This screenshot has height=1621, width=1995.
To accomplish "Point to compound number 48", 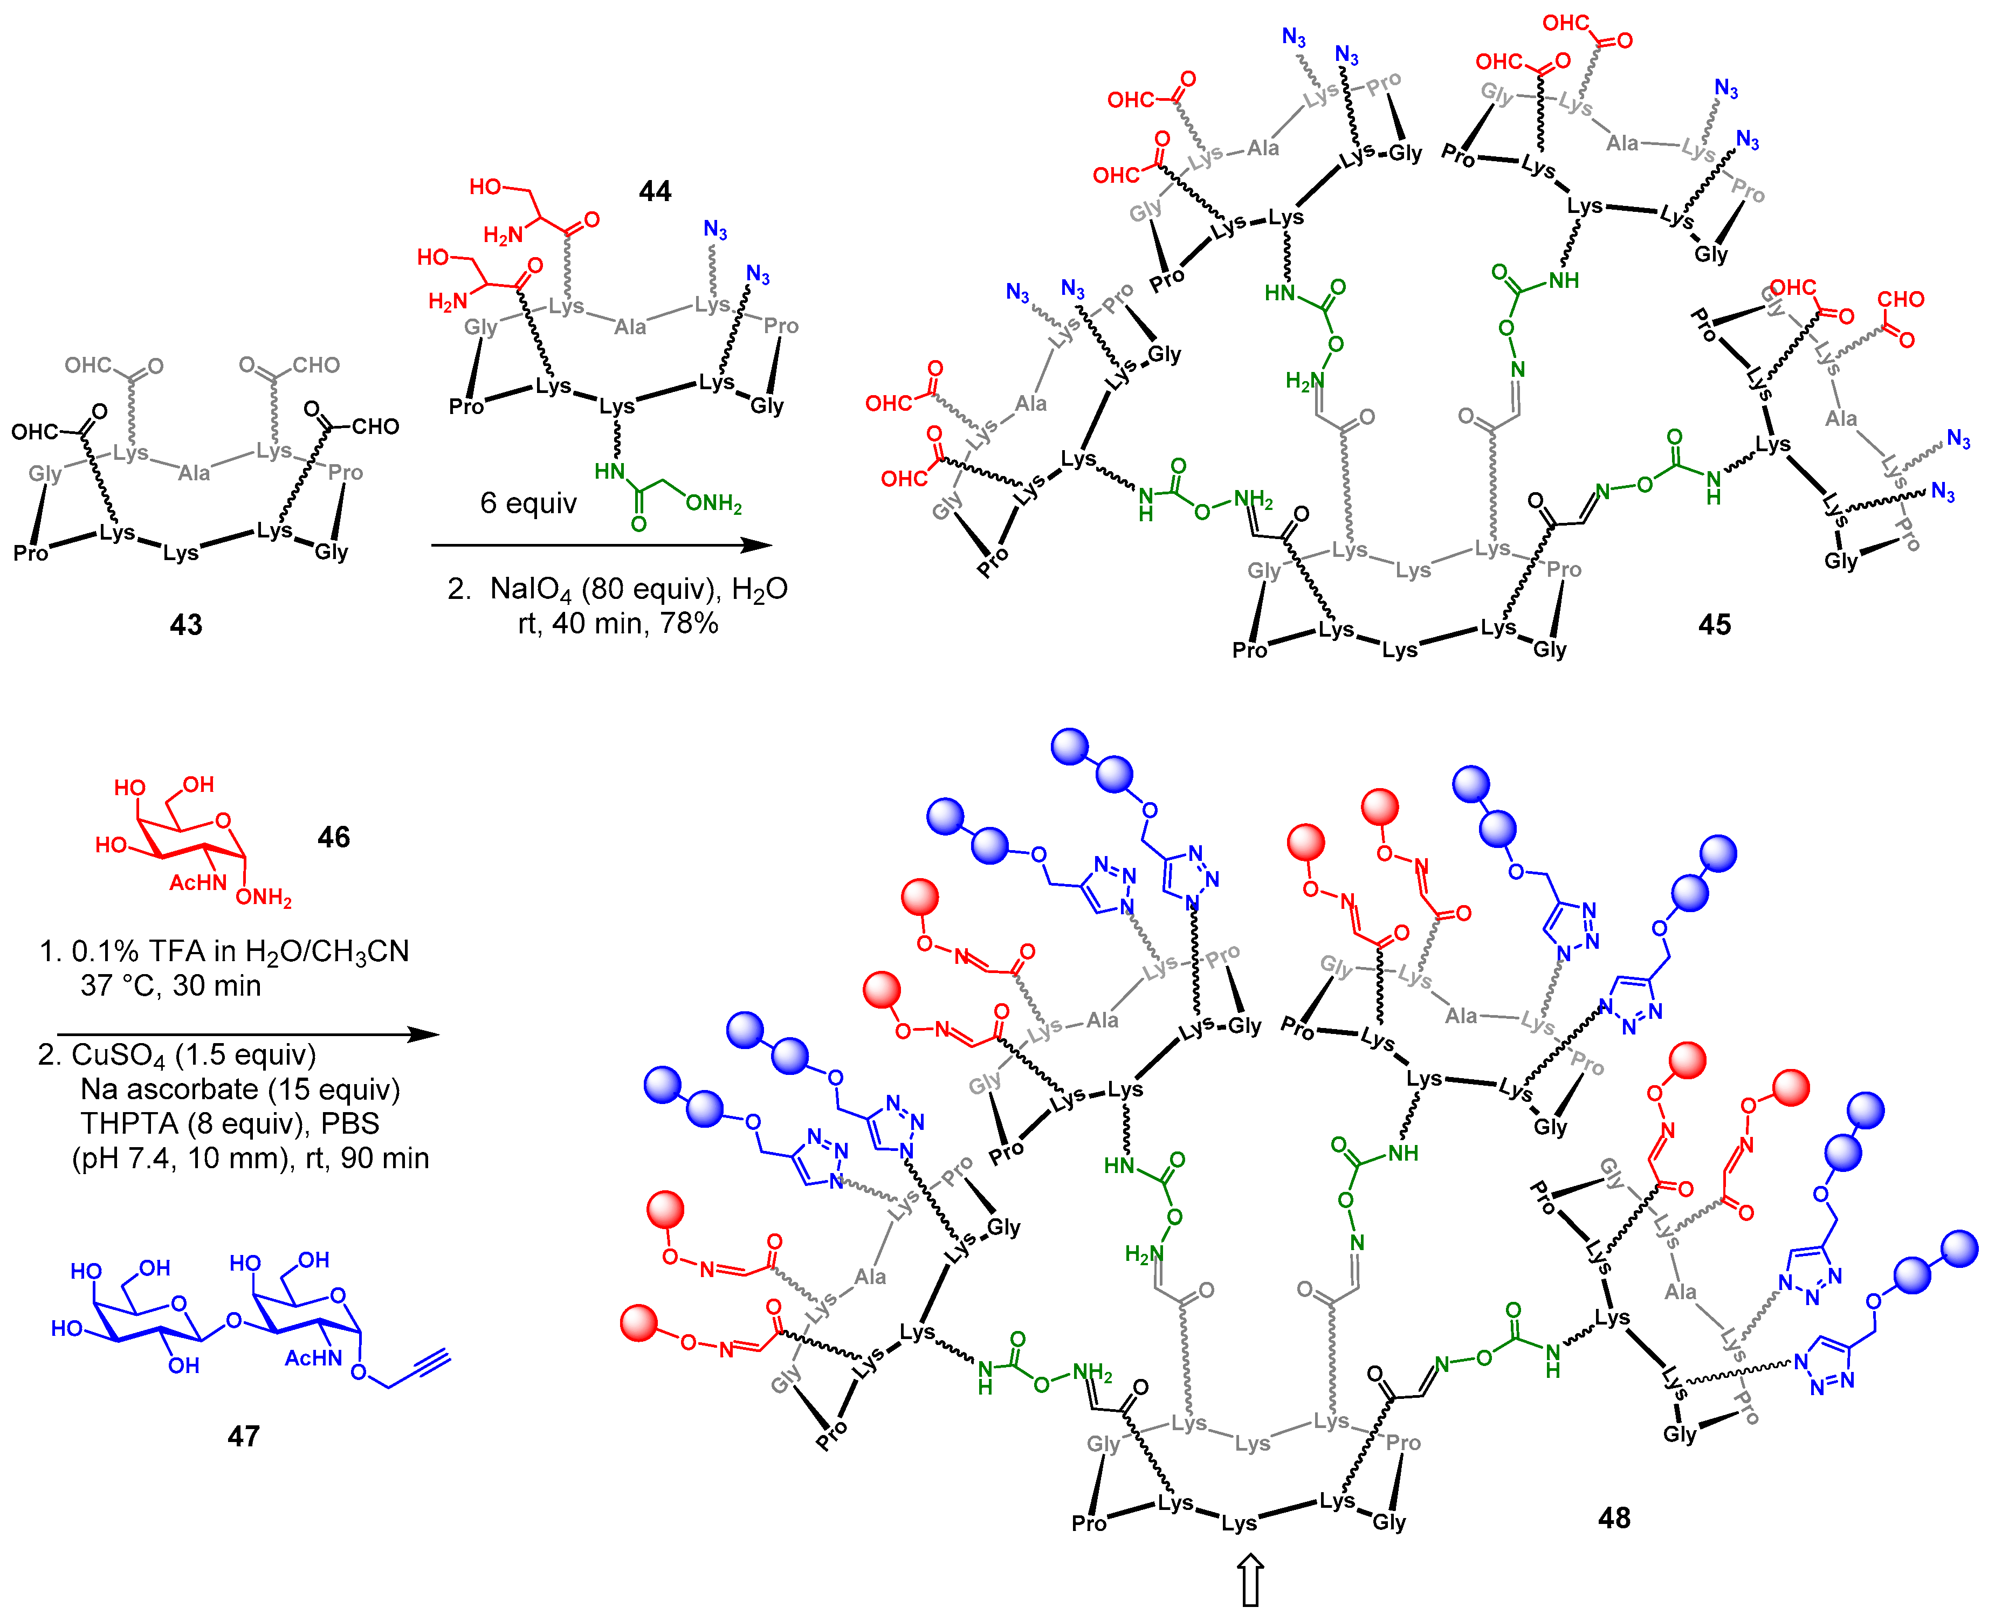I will click(1614, 1517).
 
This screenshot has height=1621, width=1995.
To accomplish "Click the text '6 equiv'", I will click(528, 503).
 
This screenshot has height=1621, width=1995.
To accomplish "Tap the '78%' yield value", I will click(689, 623).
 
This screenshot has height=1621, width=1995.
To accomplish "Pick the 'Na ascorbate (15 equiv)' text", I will click(240, 1089).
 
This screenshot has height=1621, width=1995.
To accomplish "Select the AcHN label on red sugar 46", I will click(197, 882).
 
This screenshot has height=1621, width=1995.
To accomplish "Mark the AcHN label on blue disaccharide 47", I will click(313, 1358).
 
